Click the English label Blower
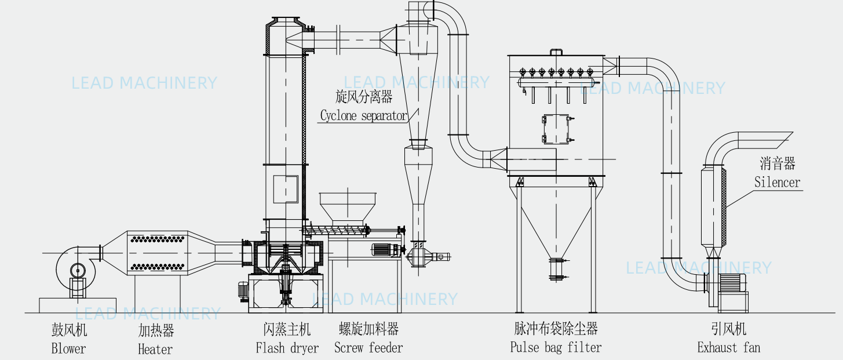pyautogui.click(x=68, y=348)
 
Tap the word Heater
pyautogui.click(x=155, y=349)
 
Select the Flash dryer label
pyautogui.click(x=287, y=348)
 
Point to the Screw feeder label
pyautogui.click(x=368, y=348)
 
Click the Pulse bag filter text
pyautogui.click(x=556, y=347)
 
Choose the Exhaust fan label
pyautogui.click(x=729, y=347)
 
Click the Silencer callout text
pyautogui.click(x=777, y=182)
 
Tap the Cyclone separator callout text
pyautogui.click(x=364, y=115)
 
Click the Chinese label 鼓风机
pyautogui.click(x=68, y=330)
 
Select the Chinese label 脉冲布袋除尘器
pyautogui.click(x=556, y=329)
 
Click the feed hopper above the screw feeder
pyautogui.click(x=341, y=208)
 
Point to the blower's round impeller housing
pyautogui.click(x=75, y=269)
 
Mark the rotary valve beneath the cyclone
pyautogui.click(x=418, y=255)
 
